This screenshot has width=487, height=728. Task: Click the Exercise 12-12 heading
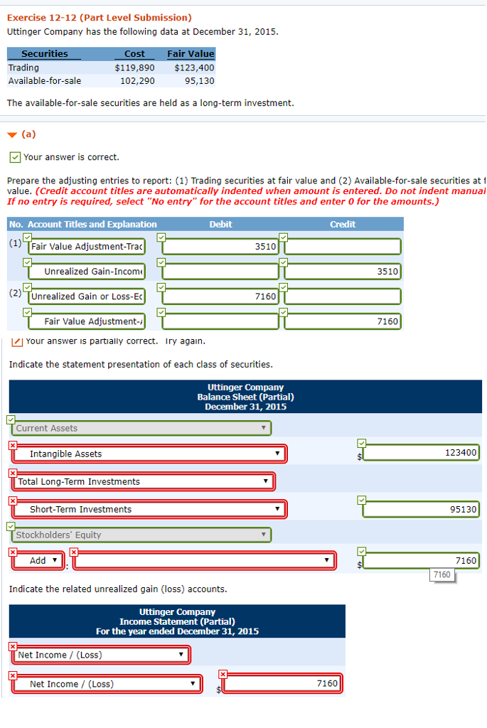pos(99,17)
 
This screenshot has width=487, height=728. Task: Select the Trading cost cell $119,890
pos(134,68)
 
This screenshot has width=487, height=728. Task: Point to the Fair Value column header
pos(190,54)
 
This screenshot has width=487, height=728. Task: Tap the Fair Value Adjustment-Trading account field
pos(87,247)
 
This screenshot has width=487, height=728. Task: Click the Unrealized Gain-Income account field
pos(87,272)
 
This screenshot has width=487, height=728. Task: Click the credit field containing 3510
pos(343,272)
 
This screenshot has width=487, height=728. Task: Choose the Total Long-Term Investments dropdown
pos(142,481)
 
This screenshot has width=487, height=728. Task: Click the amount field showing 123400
pos(422,453)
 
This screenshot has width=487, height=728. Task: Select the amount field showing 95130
pos(422,509)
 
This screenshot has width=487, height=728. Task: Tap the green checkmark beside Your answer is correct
pos(14,157)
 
